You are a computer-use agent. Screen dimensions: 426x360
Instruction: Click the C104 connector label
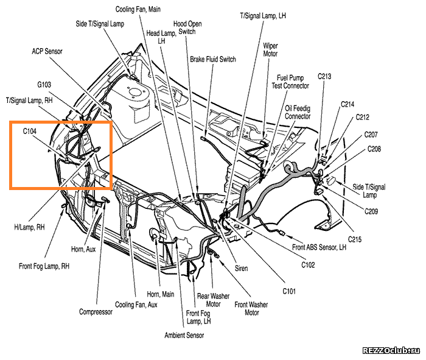click(x=30, y=132)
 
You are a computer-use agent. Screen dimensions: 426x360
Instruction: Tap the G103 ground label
click(x=44, y=85)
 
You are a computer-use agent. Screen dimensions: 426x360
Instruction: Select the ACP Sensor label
click(x=47, y=51)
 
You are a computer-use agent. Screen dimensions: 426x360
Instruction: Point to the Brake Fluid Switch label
click(x=213, y=59)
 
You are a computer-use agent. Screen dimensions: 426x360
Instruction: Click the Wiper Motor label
click(x=270, y=50)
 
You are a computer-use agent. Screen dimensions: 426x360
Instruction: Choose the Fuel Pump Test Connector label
click(x=290, y=82)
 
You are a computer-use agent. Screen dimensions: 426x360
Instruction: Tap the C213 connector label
click(x=324, y=76)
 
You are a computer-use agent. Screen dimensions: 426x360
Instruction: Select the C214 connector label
click(x=347, y=104)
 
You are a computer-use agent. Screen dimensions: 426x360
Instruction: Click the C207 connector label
click(x=371, y=135)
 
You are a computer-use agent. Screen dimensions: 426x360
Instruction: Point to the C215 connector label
click(x=355, y=239)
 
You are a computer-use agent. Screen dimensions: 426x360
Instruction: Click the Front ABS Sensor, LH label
click(x=319, y=247)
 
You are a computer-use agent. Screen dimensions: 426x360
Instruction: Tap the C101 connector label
click(x=289, y=291)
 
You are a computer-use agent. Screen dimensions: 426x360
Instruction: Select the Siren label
click(x=241, y=269)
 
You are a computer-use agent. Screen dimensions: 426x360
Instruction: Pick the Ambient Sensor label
click(x=184, y=335)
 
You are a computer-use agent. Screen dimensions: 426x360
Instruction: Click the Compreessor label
click(x=96, y=312)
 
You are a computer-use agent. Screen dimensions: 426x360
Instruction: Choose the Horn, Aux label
click(x=83, y=249)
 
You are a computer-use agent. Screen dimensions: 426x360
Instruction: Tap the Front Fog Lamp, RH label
click(x=44, y=266)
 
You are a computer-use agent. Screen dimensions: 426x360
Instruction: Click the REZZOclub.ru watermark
click(x=391, y=351)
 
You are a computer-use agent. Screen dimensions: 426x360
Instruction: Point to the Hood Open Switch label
click(x=187, y=28)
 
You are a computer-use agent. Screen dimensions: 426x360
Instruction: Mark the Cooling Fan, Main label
click(x=138, y=9)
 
